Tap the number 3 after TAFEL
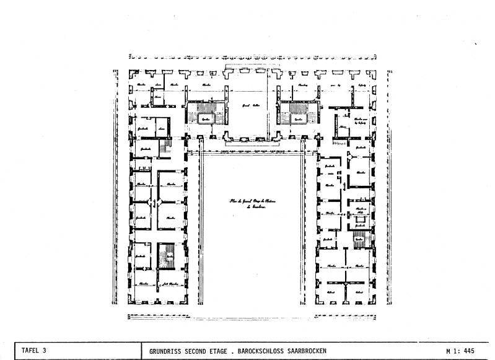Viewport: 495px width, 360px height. tap(45, 351)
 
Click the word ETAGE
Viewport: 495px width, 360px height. tap(231, 351)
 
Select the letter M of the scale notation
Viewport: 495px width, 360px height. tap(448, 351)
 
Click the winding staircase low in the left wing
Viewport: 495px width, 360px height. tap(167, 256)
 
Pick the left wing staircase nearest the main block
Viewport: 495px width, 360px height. tap(165, 149)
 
